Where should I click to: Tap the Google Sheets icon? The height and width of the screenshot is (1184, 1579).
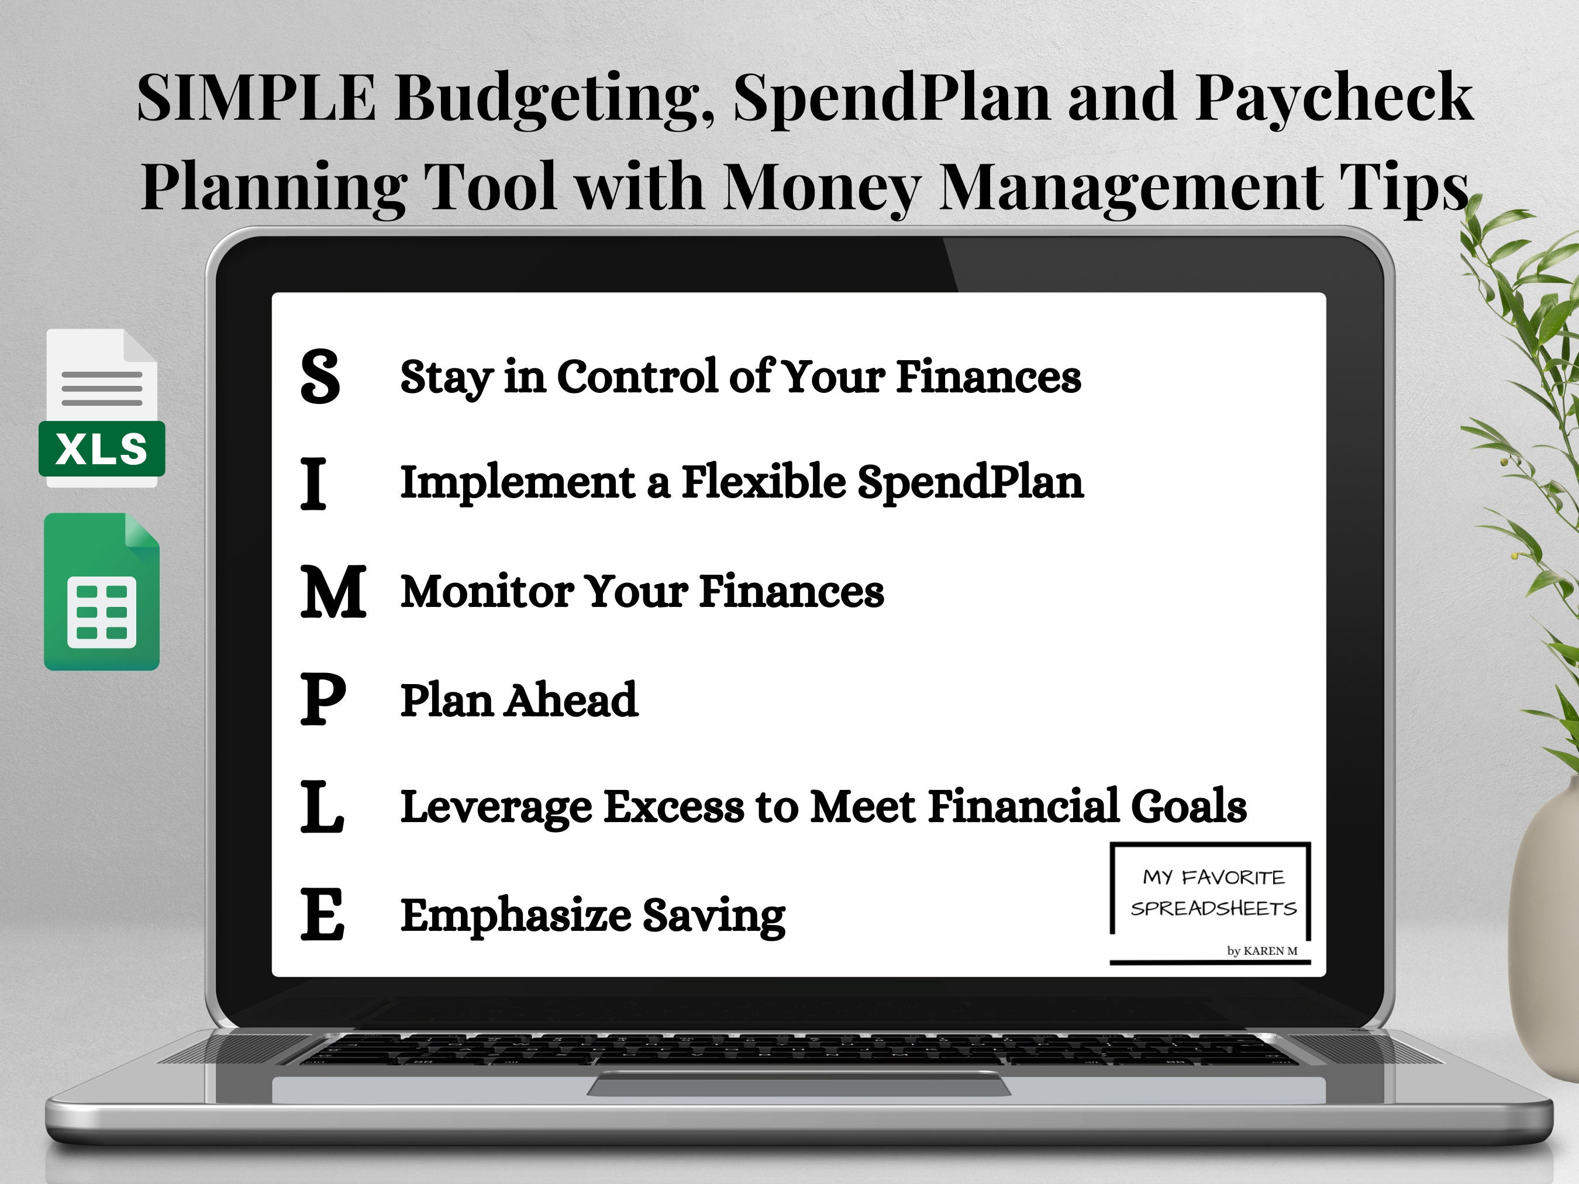click(101, 592)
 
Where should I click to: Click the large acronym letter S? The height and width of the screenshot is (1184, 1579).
click(320, 376)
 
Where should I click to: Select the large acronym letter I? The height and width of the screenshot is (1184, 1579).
click(313, 485)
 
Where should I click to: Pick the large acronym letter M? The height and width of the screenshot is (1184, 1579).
click(333, 592)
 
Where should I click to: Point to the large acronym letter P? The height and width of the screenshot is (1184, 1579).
click(323, 699)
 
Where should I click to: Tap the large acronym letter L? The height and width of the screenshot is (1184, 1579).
click(321, 806)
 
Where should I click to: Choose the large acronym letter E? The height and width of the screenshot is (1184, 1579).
click(322, 914)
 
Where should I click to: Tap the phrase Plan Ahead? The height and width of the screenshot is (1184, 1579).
click(518, 700)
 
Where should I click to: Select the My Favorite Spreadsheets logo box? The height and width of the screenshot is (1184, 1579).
click(1211, 892)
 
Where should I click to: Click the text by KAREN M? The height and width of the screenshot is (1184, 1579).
click(1262, 951)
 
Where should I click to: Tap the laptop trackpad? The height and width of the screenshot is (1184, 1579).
click(798, 1086)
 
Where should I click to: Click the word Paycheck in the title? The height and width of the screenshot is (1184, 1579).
click(1333, 98)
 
